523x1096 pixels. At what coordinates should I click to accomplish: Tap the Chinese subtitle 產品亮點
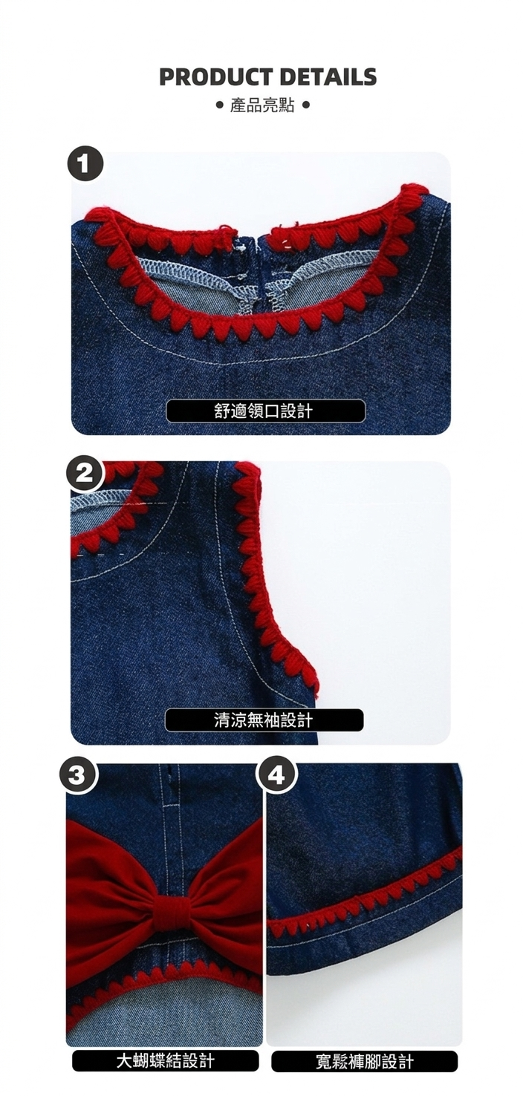tap(262, 105)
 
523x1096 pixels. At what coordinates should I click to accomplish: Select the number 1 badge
tap(85, 164)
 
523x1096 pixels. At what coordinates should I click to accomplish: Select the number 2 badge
tap(85, 474)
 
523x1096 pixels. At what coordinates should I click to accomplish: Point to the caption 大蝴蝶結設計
tap(166, 1061)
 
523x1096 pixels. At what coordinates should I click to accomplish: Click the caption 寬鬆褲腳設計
tap(365, 1061)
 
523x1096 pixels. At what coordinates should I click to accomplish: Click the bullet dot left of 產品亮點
tap(220, 105)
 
